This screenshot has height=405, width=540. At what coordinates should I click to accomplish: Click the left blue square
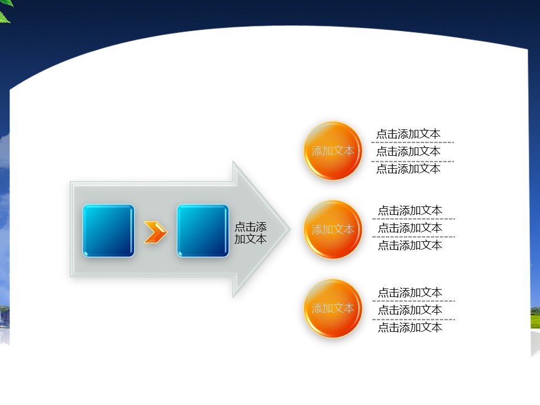click(109, 231)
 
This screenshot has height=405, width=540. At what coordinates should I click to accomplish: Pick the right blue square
click(203, 231)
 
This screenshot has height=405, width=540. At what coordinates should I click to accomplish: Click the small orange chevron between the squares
click(155, 232)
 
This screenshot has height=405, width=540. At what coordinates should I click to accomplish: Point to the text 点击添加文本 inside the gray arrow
click(251, 233)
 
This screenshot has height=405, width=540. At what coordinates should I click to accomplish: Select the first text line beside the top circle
click(408, 134)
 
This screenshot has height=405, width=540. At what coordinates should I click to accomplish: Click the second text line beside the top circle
click(408, 151)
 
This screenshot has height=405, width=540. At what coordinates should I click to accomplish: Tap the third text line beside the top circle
click(408, 169)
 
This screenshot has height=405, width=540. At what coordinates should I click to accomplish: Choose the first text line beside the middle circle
click(410, 210)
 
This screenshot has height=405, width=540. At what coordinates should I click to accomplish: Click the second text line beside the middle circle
click(410, 228)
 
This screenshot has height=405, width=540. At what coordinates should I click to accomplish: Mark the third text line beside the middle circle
click(410, 245)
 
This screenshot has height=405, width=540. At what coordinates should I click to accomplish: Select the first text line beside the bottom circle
click(410, 292)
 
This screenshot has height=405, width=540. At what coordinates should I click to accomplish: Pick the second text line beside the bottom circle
click(410, 310)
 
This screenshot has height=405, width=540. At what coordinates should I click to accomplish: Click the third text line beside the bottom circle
click(410, 327)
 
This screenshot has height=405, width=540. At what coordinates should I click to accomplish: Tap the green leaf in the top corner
click(4, 15)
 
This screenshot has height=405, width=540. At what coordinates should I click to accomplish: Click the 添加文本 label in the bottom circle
click(333, 308)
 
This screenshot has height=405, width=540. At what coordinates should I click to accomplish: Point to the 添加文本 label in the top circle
click(333, 151)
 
